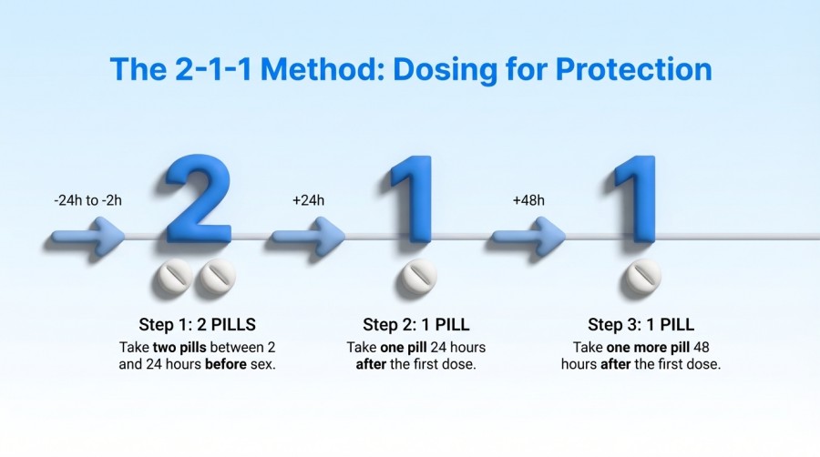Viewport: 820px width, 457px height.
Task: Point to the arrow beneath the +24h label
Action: click(x=309, y=239)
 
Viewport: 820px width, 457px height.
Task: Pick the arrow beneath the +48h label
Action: click(x=529, y=239)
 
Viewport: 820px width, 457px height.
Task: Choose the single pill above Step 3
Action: click(x=641, y=279)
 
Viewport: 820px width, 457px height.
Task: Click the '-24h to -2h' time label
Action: click(x=86, y=200)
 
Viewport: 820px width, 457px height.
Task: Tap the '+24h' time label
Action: click(x=308, y=200)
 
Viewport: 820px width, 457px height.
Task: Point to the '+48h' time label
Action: click(x=529, y=200)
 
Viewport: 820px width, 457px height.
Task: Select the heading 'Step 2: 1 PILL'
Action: click(x=416, y=324)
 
